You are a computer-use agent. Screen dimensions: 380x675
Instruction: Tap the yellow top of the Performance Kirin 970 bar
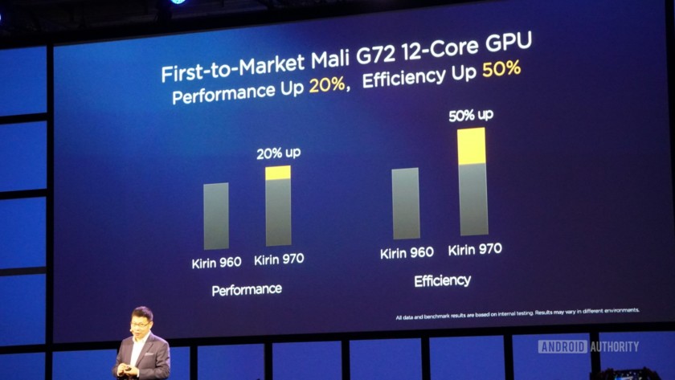pos(278,173)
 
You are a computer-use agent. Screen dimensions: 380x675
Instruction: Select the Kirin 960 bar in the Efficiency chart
pos(405,203)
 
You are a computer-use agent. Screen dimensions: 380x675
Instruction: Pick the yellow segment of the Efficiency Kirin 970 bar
pos(472,145)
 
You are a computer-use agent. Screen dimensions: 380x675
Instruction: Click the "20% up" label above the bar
pos(278,153)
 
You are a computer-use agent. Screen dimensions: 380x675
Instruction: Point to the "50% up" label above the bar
pos(471,116)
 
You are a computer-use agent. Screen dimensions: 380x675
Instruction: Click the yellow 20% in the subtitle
pos(327,88)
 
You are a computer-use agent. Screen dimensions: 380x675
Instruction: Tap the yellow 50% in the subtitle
pos(501,69)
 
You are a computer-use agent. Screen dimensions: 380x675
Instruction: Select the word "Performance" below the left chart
pos(247,289)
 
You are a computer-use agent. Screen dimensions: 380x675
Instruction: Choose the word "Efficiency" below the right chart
pos(442,280)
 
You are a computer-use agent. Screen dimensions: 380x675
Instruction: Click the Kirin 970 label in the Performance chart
pos(279,259)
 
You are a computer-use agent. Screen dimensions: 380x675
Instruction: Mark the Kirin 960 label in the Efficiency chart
pos(407,253)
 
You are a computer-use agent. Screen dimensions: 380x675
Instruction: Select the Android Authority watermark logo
pos(587,346)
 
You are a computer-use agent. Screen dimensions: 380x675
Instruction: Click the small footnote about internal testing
pos(517,309)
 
